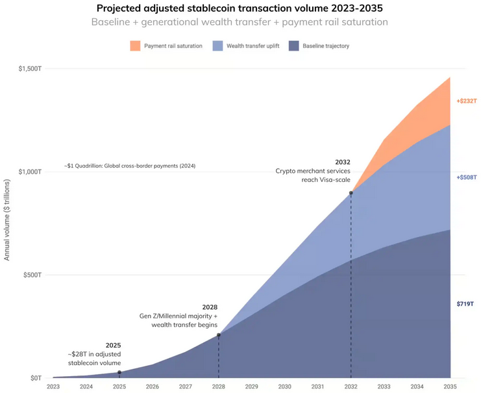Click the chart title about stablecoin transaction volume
[x=240, y=8]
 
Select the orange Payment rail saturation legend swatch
[x=135, y=46]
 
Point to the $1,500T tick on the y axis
[x=29, y=68]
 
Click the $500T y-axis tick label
[x=32, y=275]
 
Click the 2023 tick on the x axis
[x=53, y=387]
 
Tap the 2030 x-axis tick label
[x=284, y=387]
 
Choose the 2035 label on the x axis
[x=450, y=387]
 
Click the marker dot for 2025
[x=119, y=372]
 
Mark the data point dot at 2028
[x=219, y=335]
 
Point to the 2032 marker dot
[x=351, y=193]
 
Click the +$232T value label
[x=466, y=101]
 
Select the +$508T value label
[x=466, y=177]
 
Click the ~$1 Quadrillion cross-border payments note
[x=130, y=166]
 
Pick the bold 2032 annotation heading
[x=343, y=162]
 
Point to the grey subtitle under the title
[x=240, y=22]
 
